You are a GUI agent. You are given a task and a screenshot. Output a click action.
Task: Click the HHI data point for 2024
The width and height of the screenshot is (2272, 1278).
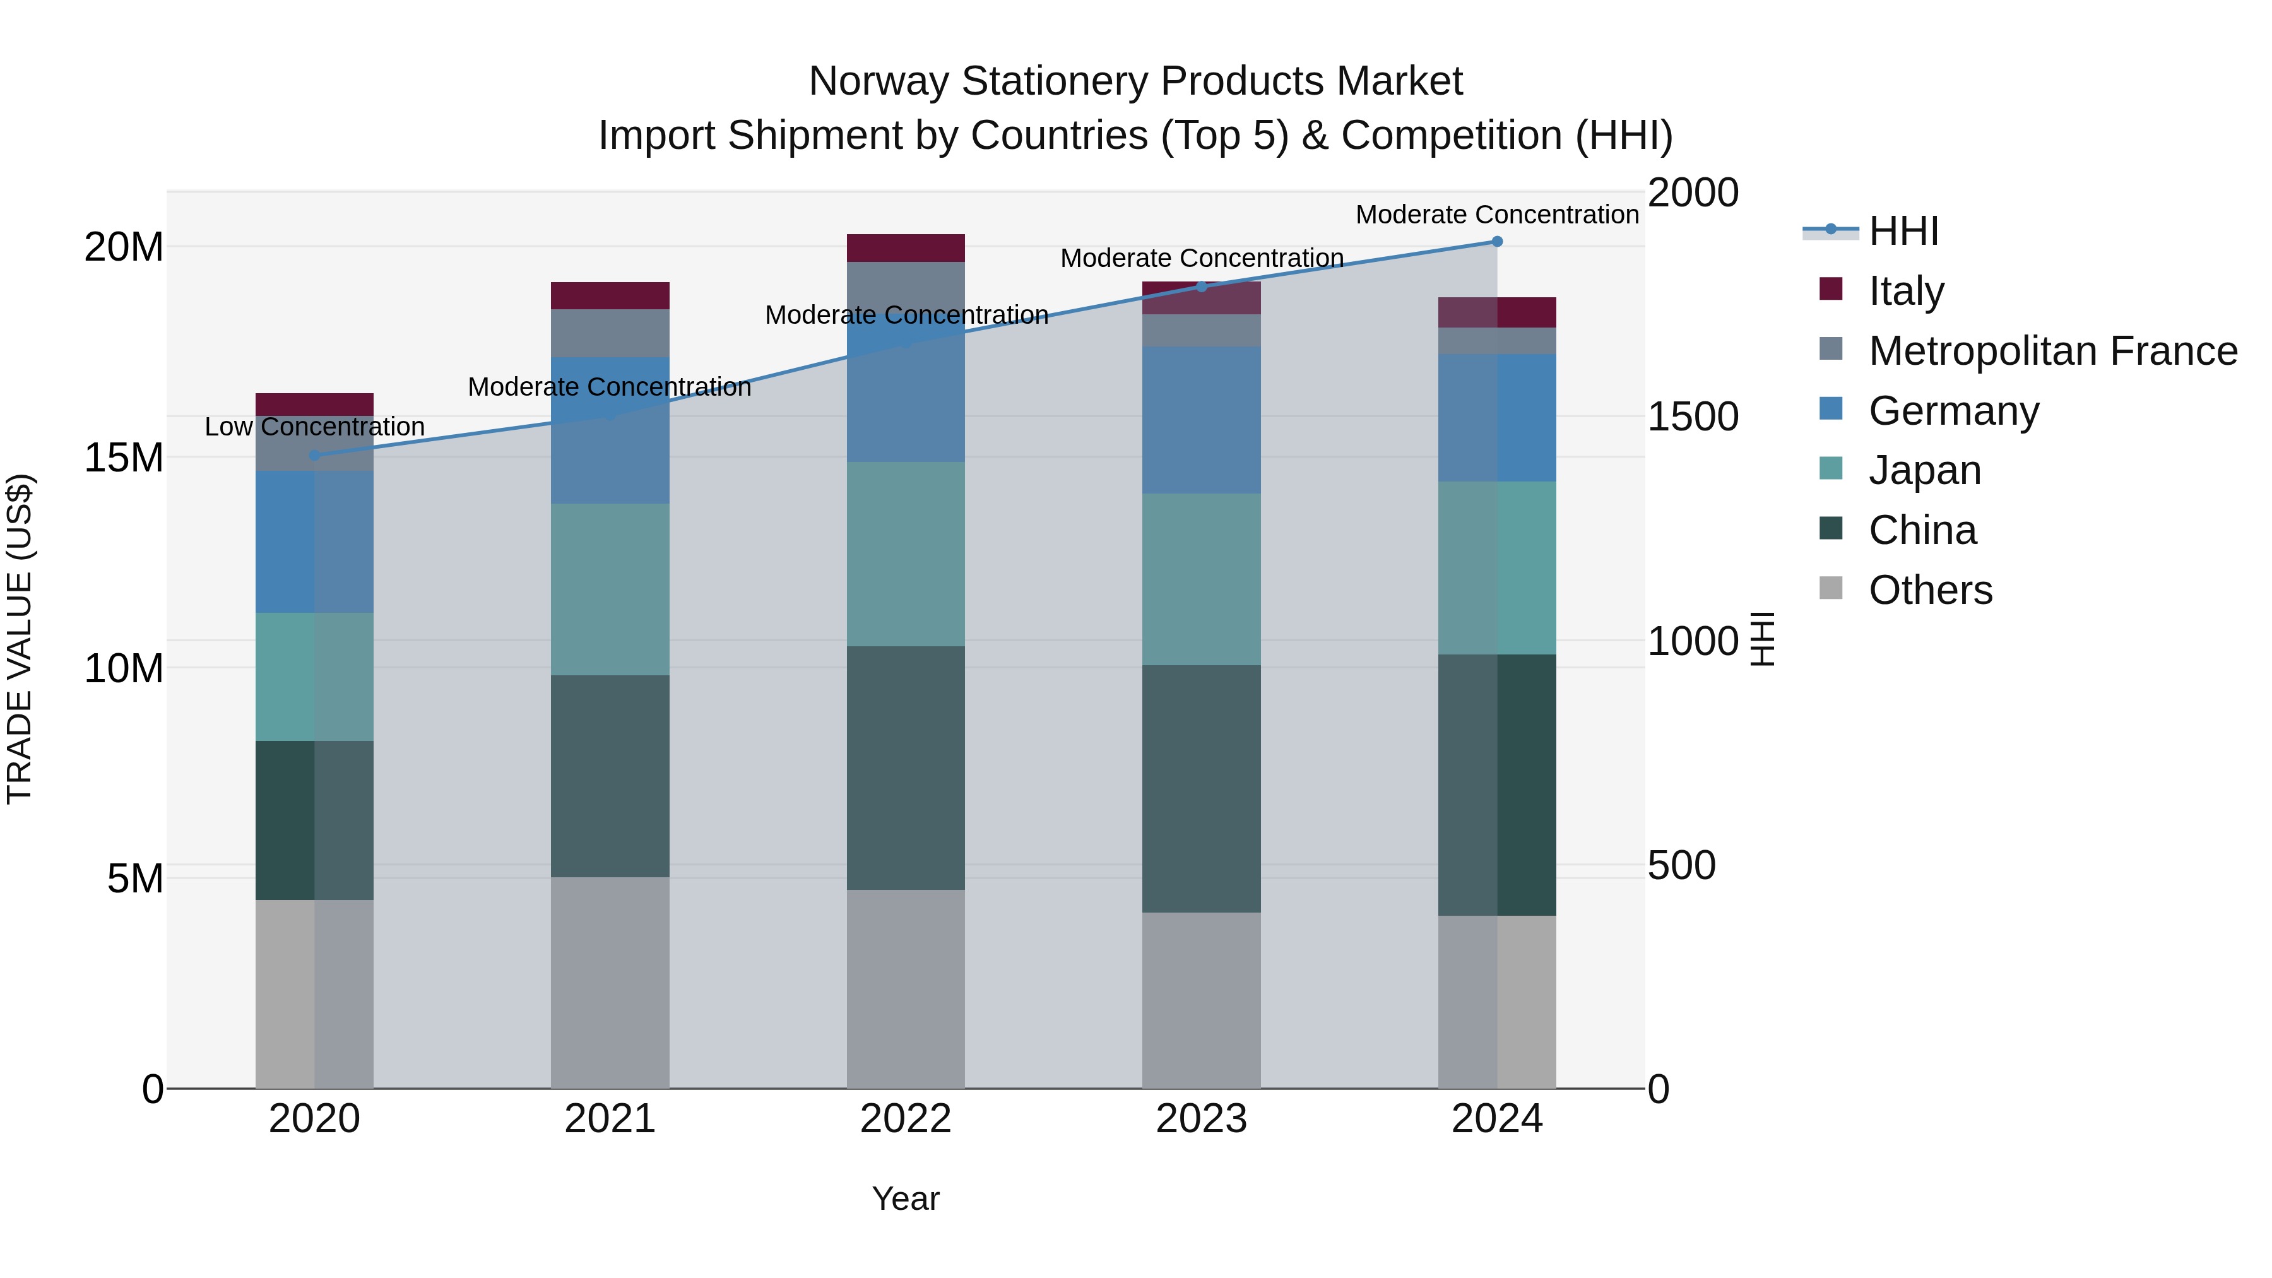click(1497, 242)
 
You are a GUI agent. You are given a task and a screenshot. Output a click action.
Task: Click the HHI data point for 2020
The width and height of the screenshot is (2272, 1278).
click(315, 455)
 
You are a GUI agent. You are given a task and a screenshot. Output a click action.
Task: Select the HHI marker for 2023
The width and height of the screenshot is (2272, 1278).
click(1201, 287)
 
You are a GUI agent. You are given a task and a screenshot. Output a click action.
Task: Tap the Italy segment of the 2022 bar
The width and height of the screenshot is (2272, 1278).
click(906, 248)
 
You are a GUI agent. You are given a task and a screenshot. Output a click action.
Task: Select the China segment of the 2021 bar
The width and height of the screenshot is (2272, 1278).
click(610, 776)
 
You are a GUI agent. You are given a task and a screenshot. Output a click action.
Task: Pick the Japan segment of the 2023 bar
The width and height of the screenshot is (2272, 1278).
click(1201, 579)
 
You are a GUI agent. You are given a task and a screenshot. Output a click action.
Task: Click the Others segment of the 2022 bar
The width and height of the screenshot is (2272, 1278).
click(906, 989)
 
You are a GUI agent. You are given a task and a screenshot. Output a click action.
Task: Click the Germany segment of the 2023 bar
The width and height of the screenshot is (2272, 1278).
click(1201, 420)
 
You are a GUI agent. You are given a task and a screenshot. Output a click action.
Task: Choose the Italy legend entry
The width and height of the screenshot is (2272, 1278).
click(1905, 291)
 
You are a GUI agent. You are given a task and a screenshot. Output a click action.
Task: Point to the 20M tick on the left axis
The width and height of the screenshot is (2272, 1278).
click(124, 247)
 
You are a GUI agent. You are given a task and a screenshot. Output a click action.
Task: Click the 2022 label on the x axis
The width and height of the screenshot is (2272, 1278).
click(906, 1119)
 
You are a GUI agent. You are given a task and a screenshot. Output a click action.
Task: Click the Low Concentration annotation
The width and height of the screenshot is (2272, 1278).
click(315, 427)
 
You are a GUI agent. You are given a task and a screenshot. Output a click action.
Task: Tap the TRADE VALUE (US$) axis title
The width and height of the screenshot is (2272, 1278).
click(20, 639)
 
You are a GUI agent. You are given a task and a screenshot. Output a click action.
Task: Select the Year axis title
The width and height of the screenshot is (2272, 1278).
click(906, 1198)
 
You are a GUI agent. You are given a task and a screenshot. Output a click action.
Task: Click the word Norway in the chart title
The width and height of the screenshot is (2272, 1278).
click(879, 81)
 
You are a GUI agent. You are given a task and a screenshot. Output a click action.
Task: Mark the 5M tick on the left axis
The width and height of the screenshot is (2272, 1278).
click(135, 879)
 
